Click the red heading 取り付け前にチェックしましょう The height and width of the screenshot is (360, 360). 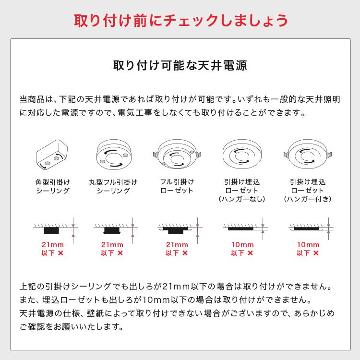pos(180,20)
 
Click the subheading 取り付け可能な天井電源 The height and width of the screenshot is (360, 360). pos(180,66)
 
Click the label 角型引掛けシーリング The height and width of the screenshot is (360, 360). pos(53,187)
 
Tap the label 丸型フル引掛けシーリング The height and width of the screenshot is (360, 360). pos(113,187)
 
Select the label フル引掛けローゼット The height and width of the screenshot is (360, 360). pos(177,187)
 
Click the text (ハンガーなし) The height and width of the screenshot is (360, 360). pos(242,199)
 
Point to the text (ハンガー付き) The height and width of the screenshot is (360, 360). pos(307,199)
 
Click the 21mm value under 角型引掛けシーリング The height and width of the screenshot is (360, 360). pos(53,245)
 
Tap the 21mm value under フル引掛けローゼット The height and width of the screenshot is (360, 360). pos(177,245)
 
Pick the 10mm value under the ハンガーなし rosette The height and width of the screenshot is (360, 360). pos(242,245)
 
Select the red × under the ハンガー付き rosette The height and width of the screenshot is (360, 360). pos(318,253)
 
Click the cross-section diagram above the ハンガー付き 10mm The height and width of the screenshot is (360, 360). pos(307,228)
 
